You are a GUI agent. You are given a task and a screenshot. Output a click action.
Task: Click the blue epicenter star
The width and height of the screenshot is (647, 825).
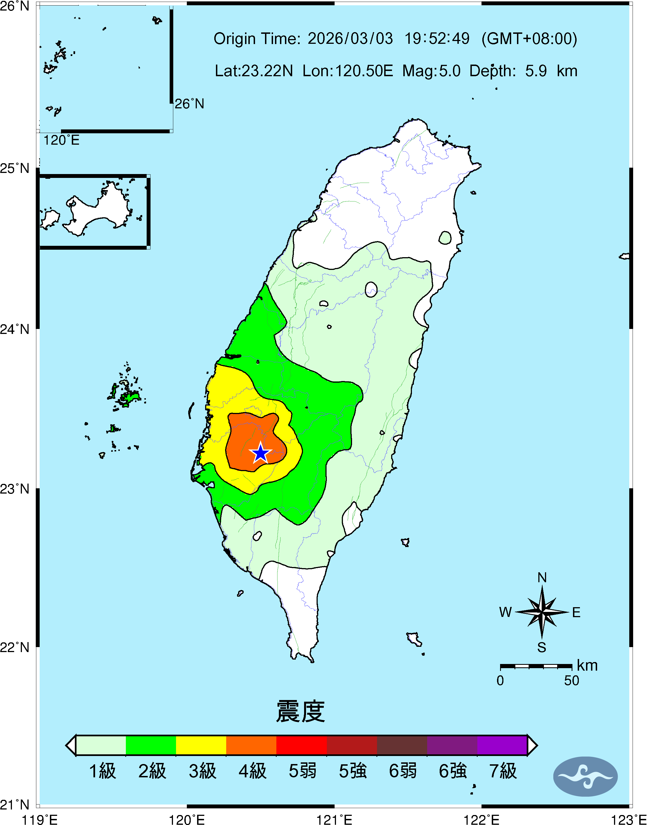pyautogui.click(x=261, y=453)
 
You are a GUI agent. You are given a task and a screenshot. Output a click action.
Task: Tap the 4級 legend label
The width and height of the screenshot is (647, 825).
pyautogui.click(x=252, y=771)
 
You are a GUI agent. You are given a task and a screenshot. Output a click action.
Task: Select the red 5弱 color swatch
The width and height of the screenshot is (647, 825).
pyautogui.click(x=302, y=745)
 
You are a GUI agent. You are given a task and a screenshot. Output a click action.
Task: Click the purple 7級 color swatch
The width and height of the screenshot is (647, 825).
pyautogui.click(x=502, y=745)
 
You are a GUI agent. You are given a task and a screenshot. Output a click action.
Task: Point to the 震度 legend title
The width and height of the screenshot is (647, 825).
pyautogui.click(x=300, y=711)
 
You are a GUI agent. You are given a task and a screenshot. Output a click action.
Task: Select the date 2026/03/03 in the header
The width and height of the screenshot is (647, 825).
pyautogui.click(x=350, y=39)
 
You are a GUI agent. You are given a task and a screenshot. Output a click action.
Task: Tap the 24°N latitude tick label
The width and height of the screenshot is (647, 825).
pyautogui.click(x=14, y=329)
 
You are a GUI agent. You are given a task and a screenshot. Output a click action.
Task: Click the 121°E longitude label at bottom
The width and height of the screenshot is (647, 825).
pyautogui.click(x=334, y=820)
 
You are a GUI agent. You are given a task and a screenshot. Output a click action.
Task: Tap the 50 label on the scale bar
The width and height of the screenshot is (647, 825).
pyautogui.click(x=571, y=681)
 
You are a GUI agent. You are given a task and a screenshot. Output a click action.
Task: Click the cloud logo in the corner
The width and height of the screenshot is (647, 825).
pyautogui.click(x=585, y=777)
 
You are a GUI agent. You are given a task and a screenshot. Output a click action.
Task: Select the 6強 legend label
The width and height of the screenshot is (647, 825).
pyautogui.click(x=453, y=771)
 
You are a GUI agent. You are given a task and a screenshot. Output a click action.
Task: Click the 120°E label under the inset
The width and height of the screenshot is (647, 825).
pyautogui.click(x=61, y=141)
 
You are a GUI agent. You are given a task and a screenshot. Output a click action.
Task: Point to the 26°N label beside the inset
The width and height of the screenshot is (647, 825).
pyautogui.click(x=189, y=104)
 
